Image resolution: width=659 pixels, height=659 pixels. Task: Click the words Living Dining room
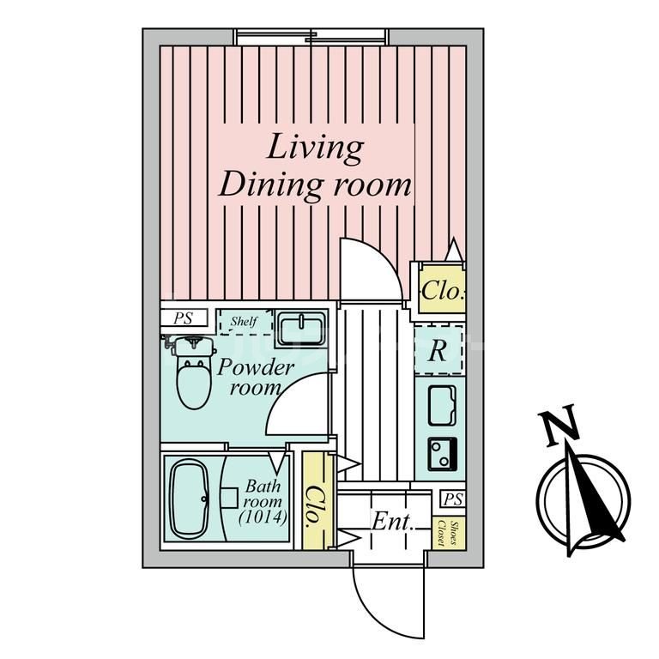pos(314,166)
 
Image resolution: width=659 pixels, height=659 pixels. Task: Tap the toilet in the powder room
pos(193,378)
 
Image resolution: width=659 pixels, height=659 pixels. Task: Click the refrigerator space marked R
pos(438,352)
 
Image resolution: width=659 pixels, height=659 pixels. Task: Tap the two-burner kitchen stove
pos(443,451)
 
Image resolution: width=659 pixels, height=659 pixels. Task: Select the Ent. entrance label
pos(393,521)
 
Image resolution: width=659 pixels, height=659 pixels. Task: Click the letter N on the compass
pos(558,426)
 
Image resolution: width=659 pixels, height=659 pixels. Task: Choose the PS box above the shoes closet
pos(453,499)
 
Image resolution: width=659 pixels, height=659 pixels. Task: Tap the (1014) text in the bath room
pos(263,517)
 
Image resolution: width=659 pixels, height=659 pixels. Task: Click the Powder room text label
pos(255,378)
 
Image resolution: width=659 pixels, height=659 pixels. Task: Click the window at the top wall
pos(311,36)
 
